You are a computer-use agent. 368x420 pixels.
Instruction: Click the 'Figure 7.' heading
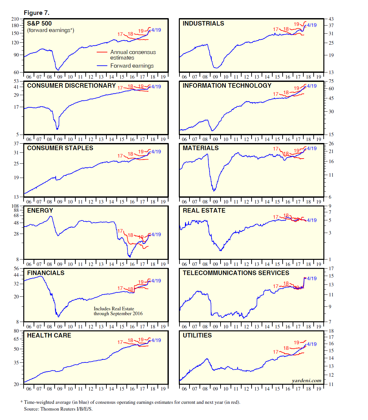tap(37, 13)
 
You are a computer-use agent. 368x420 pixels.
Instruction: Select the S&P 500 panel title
tap(39, 24)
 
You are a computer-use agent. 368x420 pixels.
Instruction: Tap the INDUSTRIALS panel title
tap(203, 24)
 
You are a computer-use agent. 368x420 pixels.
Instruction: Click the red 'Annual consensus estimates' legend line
tap(102, 52)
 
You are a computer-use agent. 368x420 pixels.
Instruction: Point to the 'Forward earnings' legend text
tap(132, 66)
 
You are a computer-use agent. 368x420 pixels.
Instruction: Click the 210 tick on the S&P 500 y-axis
tap(15, 19)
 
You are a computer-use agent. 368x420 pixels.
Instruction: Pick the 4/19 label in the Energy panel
tap(156, 235)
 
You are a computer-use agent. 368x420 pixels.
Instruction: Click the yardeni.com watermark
tap(307, 381)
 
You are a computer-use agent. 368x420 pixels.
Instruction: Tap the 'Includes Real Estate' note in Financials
tap(114, 309)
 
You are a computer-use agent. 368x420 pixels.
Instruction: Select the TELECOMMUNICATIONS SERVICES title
tap(236, 273)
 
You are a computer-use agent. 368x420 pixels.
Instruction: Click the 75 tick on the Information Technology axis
tap(331, 81)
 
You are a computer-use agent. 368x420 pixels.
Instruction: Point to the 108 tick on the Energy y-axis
tap(15, 206)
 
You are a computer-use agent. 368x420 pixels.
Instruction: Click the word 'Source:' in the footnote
tap(31, 409)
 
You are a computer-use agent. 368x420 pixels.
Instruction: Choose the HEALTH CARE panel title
tap(49, 336)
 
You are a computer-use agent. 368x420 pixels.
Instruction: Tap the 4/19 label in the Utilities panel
tap(312, 344)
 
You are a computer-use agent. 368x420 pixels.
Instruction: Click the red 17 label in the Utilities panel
tap(276, 352)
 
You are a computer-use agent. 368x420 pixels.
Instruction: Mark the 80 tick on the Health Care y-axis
tap(16, 331)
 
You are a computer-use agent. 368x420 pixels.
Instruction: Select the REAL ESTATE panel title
tap(204, 211)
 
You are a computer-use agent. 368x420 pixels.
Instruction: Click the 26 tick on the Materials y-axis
tap(331, 144)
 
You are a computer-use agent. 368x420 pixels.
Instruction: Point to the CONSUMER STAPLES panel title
tap(60, 148)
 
